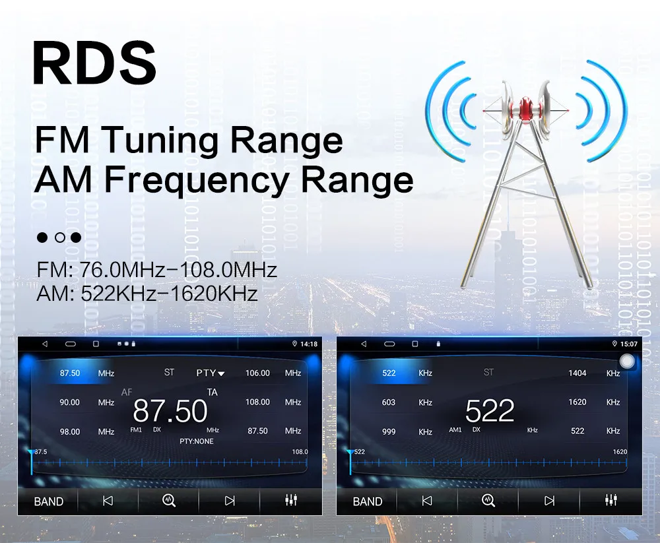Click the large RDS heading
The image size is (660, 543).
click(x=94, y=63)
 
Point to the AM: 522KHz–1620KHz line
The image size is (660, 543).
click(x=146, y=293)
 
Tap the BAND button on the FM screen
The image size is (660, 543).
click(x=49, y=501)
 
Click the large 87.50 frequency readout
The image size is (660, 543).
click(x=170, y=411)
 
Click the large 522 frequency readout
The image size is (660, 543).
click(x=489, y=411)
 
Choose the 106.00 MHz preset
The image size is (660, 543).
click(x=257, y=373)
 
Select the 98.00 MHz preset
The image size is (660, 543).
click(x=70, y=431)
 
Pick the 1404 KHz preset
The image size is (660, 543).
click(x=577, y=373)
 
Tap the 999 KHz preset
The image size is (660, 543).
click(x=389, y=431)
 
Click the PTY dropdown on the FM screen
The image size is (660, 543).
click(x=210, y=373)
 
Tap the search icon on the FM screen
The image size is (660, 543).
click(x=169, y=501)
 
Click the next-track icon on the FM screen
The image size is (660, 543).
click(x=230, y=501)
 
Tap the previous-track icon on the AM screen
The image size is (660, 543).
click(x=427, y=501)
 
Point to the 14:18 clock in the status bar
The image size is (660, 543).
click(x=308, y=344)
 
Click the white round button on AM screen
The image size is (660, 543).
click(x=628, y=361)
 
